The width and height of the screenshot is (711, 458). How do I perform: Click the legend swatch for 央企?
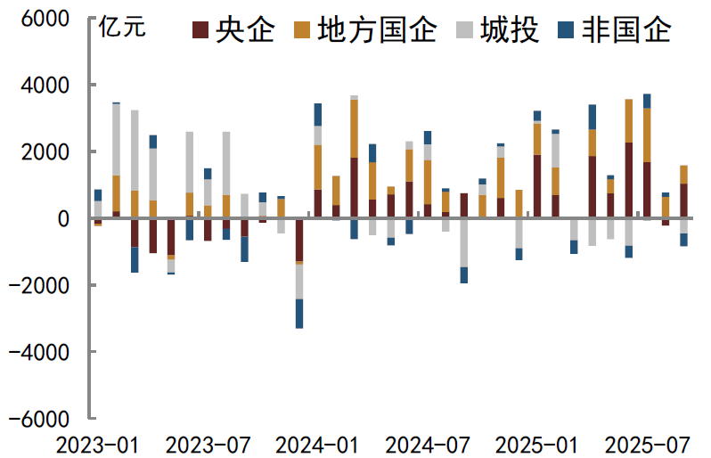click(200, 31)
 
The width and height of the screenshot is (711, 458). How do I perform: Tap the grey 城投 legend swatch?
click(464, 31)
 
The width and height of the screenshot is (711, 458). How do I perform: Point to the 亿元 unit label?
click(122, 27)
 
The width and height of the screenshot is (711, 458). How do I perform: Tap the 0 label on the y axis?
click(63, 218)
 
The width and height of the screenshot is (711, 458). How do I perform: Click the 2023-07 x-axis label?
click(208, 443)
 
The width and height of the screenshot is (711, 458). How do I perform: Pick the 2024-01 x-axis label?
click(317, 443)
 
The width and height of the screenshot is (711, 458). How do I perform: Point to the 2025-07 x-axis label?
click(646, 443)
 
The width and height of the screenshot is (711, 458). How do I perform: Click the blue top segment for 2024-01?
click(318, 114)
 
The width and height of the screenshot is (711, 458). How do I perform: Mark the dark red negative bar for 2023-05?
click(171, 236)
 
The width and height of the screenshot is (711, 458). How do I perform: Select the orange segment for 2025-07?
click(647, 135)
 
